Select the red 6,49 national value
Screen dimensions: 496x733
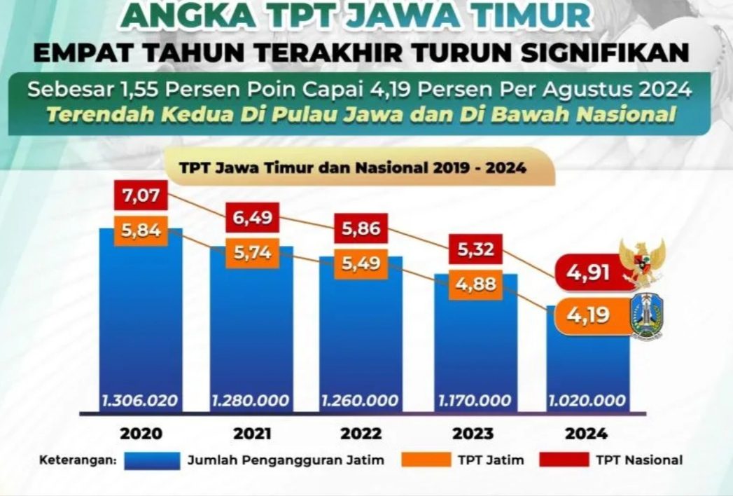pos(251,218)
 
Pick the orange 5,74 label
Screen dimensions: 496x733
pos(251,254)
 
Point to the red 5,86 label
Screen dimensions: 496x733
pos(361,228)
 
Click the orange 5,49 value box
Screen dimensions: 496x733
pos(361,265)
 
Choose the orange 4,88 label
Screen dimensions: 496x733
pos(475,286)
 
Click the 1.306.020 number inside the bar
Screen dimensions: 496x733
pos(139,401)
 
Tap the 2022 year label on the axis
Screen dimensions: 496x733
pos(361,434)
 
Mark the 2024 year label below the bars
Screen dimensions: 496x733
pos(587,434)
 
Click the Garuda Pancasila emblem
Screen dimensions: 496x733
pos(641,263)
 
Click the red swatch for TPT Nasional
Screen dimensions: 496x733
pos(564,460)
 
